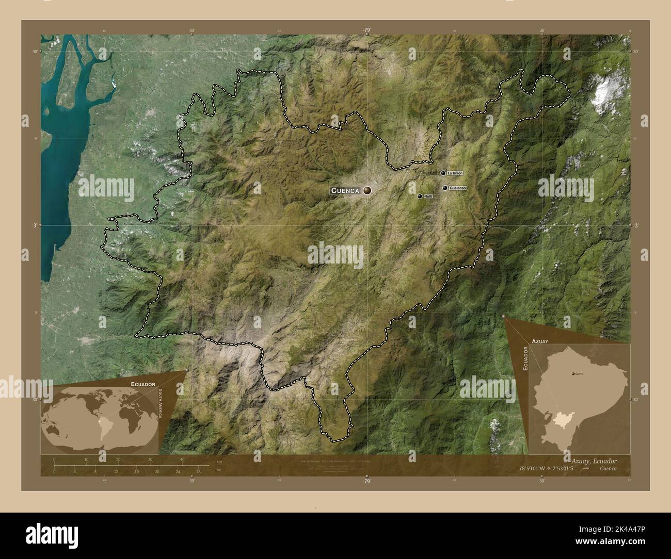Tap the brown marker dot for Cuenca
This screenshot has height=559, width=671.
(x=368, y=190)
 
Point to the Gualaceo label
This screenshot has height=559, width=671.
(x=458, y=188)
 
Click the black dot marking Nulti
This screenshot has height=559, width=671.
(x=420, y=196)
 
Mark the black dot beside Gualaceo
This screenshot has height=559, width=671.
(x=444, y=188)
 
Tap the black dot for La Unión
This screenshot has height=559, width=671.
(x=443, y=173)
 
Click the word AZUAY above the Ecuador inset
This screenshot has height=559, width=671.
(x=538, y=341)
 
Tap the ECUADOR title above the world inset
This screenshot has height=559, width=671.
(x=143, y=384)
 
